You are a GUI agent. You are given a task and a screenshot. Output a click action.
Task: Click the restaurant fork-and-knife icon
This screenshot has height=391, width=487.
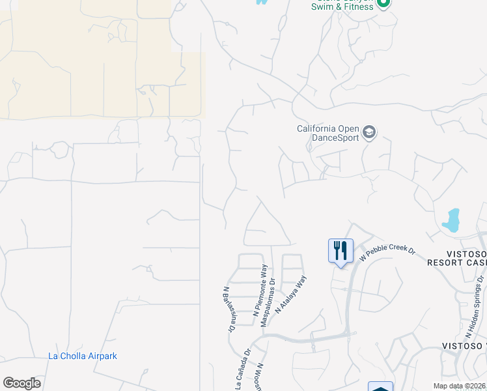click(x=341, y=251)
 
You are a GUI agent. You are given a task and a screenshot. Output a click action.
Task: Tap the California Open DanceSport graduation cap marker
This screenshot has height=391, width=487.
click(x=369, y=133)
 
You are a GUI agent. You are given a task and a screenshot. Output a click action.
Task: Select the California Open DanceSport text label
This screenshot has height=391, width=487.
click(x=328, y=138)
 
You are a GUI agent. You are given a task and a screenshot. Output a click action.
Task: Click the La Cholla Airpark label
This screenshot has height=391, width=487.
click(x=83, y=356)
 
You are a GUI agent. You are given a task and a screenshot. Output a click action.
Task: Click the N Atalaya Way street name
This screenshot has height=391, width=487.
click(x=290, y=295)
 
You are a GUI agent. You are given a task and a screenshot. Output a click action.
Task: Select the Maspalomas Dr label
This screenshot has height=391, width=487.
click(x=268, y=302)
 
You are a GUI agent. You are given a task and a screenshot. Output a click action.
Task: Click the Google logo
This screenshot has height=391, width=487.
click(x=21, y=383)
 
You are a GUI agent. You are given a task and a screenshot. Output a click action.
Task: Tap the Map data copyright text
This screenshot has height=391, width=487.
click(x=460, y=386)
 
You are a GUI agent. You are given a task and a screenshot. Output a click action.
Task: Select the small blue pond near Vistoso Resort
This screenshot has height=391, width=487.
click(x=451, y=220)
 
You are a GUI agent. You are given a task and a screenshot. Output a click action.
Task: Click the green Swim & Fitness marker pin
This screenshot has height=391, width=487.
click(x=383, y=3)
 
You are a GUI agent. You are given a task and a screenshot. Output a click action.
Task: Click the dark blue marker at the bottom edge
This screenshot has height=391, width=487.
click(x=380, y=386)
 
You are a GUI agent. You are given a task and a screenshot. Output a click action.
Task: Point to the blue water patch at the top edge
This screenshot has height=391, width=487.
click(x=262, y=2)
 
